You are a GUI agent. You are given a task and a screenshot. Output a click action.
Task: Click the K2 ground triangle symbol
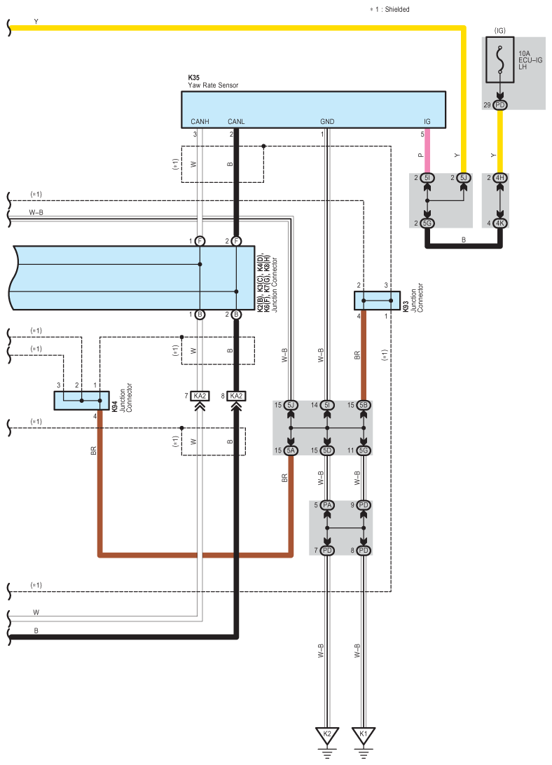point(327,736)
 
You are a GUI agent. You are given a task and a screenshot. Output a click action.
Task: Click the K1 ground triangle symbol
point(363,736)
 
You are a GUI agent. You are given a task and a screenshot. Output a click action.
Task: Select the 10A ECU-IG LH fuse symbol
point(499,60)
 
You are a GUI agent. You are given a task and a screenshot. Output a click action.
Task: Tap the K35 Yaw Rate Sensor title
point(213,81)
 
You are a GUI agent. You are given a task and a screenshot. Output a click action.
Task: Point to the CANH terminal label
point(200,121)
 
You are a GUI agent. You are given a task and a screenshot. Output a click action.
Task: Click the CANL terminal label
point(236,121)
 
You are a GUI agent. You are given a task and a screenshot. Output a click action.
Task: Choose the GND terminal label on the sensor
point(327,121)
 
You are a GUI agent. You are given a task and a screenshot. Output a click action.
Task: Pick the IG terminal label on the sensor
point(427,121)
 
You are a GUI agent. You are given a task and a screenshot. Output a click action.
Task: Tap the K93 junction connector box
point(377,301)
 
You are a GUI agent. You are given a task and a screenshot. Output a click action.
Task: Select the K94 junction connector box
point(81,401)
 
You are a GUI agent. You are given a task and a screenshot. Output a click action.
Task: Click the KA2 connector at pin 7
point(200,396)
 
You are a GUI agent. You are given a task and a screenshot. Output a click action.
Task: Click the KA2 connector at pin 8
point(236,396)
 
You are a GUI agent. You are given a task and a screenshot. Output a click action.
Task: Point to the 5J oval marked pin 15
point(291,405)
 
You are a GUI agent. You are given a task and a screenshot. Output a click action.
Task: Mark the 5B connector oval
point(363,405)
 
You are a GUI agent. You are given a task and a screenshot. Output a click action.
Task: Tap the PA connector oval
point(327,505)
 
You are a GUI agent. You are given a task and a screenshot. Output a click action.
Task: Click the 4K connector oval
point(499,223)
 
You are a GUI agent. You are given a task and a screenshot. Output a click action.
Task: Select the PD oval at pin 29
point(499,105)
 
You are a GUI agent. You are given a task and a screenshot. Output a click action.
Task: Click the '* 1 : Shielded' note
point(389,9)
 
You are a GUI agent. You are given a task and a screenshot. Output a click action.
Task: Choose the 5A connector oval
point(291,450)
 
